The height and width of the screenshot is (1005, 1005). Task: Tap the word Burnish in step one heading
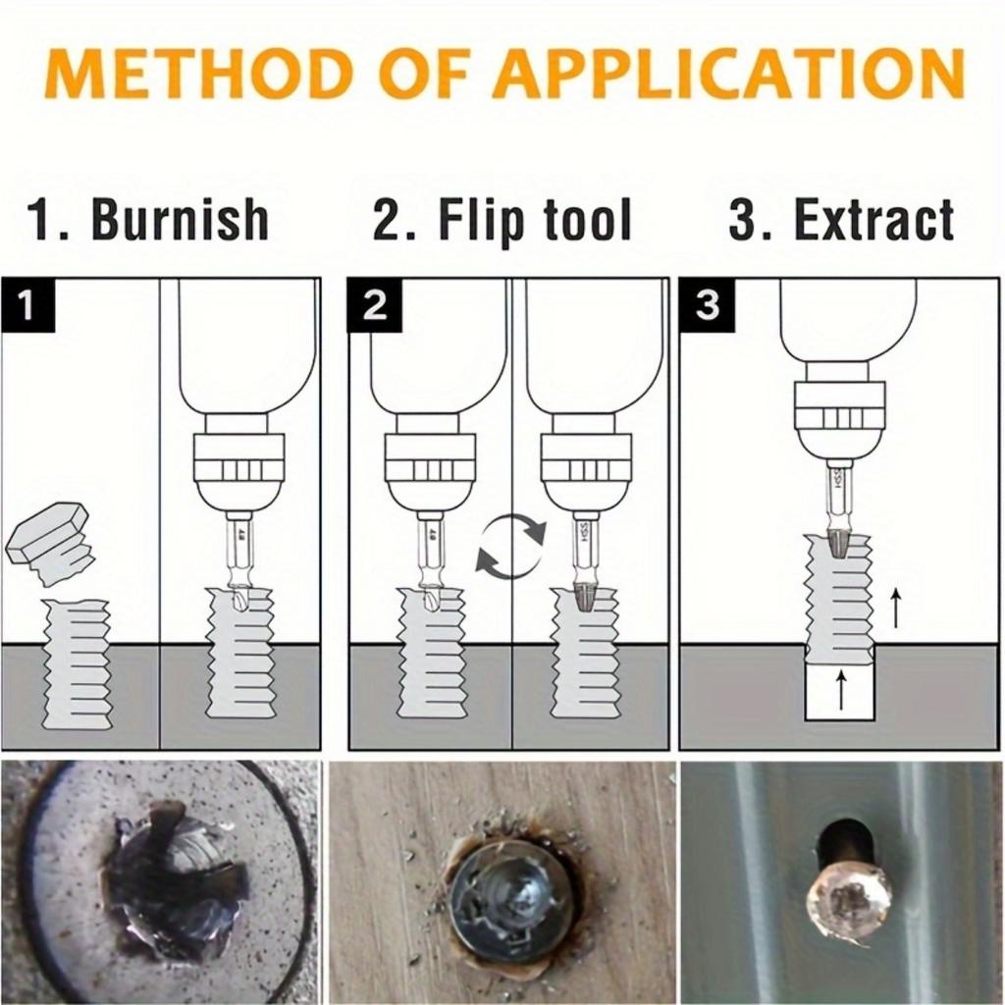[x=180, y=219]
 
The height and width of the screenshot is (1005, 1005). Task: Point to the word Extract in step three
[x=873, y=220]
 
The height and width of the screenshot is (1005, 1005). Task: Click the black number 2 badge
[x=374, y=305]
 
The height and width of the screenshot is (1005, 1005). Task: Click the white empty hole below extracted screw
[x=839, y=691]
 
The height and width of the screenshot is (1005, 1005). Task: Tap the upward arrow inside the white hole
[x=840, y=690]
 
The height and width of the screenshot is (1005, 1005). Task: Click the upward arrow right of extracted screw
[x=895, y=608]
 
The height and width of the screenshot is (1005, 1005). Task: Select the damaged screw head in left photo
[x=172, y=878]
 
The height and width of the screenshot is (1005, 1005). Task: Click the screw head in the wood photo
[x=511, y=898]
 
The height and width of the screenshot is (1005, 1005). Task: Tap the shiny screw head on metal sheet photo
[x=848, y=899]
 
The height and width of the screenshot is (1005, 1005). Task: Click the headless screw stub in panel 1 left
[x=78, y=662]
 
